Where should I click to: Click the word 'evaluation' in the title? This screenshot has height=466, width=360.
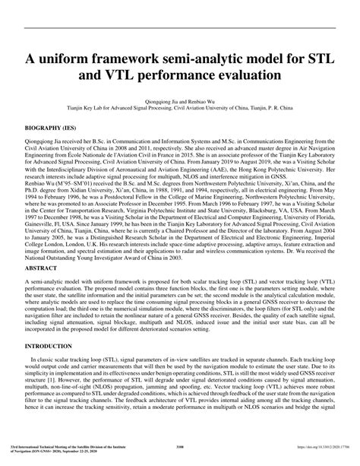click(x=252, y=78)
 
